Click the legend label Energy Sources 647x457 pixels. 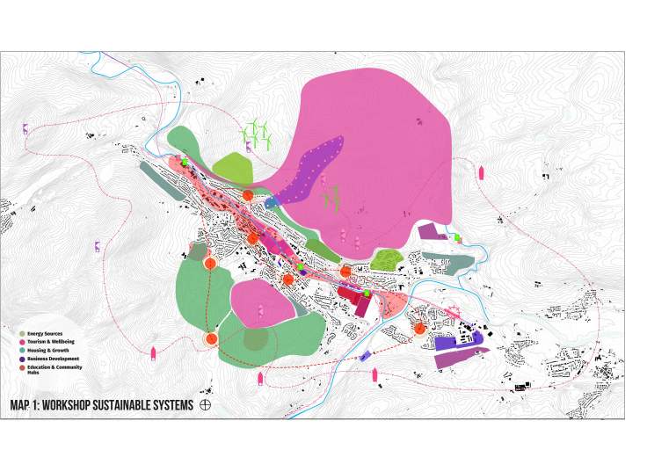coord(45,334)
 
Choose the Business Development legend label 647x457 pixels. coord(54,359)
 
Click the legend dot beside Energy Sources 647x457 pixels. coord(22,334)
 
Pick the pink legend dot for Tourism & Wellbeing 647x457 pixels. coord(22,342)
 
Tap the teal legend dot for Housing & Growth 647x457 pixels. coord(22,351)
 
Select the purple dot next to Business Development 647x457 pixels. coord(22,359)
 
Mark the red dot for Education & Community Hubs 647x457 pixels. coord(22,367)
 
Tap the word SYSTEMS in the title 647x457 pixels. coord(177,405)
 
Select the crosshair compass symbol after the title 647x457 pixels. coord(207,405)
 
